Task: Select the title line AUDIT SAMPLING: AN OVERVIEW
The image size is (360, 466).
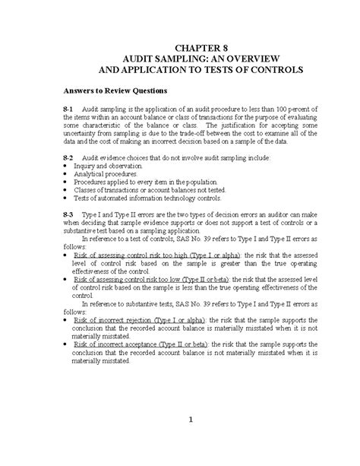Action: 181,59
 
